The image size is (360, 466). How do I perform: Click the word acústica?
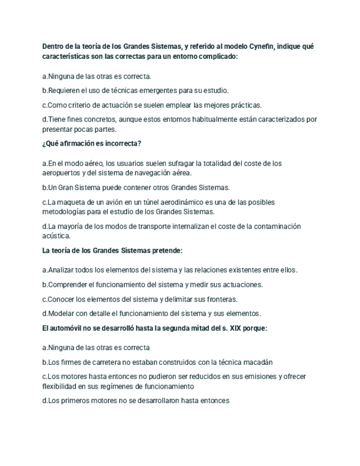tap(57, 236)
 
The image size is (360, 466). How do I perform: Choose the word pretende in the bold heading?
tap(166, 251)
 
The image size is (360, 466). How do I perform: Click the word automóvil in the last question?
tap(67, 328)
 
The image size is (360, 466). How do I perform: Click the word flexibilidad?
tap(62, 386)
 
